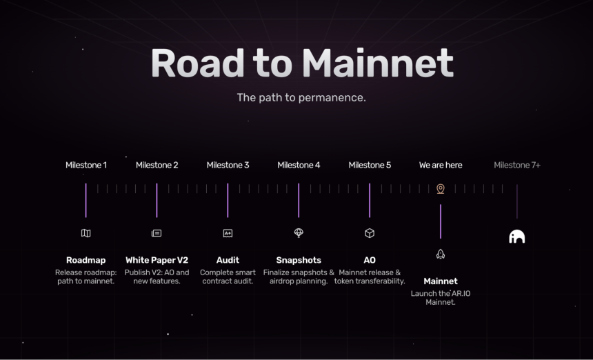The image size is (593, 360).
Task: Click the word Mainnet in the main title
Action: (x=378, y=63)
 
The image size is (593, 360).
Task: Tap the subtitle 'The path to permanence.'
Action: (x=301, y=97)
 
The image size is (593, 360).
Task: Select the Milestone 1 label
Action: (x=86, y=166)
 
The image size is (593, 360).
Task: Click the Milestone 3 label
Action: (x=228, y=166)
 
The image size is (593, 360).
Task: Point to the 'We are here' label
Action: (x=441, y=166)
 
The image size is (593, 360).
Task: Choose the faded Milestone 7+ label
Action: (x=517, y=166)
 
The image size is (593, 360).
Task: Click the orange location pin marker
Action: (x=441, y=189)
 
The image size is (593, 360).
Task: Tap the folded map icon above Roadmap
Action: (x=86, y=233)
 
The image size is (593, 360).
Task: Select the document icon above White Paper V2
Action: (x=157, y=233)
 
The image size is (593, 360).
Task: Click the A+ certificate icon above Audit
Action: (x=228, y=233)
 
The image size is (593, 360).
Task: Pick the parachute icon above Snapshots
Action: (x=299, y=233)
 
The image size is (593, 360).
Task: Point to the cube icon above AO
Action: (x=370, y=233)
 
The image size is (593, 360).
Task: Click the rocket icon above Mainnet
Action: (x=441, y=254)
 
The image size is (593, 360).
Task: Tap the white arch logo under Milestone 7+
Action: (x=517, y=237)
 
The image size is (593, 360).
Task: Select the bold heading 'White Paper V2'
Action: (x=157, y=260)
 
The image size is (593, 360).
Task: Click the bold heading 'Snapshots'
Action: (x=299, y=260)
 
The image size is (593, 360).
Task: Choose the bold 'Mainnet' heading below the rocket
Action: (x=441, y=281)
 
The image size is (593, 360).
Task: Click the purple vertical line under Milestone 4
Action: (x=299, y=201)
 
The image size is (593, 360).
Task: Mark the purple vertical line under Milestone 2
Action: (x=157, y=201)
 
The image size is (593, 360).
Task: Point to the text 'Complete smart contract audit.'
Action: (x=228, y=277)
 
